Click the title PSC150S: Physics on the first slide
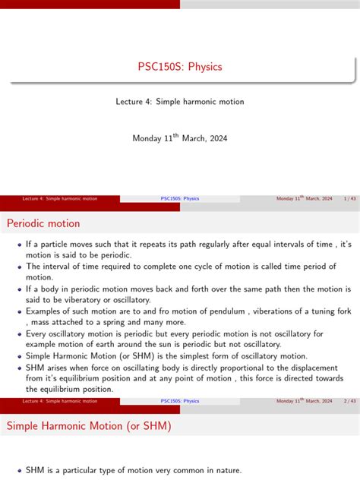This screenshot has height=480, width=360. (x=180, y=67)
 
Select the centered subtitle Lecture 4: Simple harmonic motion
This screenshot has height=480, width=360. (x=180, y=101)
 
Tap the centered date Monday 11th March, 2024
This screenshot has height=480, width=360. (x=180, y=138)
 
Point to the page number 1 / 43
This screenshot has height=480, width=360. (x=350, y=199)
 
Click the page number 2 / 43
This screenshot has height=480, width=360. (x=350, y=400)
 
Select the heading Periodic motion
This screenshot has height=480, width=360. (x=43, y=223)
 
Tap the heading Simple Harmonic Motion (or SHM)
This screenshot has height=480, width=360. (x=89, y=426)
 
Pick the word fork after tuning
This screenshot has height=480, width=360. (x=341, y=311)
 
